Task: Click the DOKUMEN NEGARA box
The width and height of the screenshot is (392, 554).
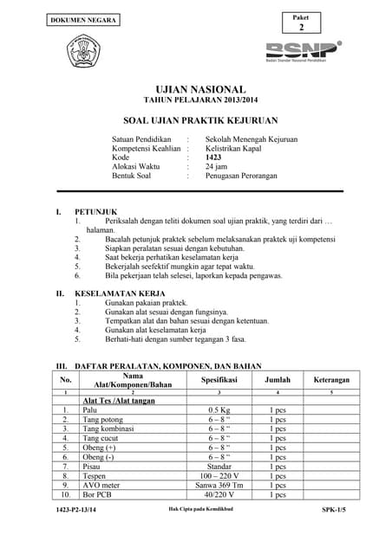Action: pyautogui.click(x=82, y=19)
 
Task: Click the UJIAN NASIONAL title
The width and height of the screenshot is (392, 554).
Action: pyautogui.click(x=200, y=89)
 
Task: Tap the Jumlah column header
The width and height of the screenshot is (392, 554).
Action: pyautogui.click(x=277, y=379)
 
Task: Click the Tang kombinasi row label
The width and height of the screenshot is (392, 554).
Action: pyautogui.click(x=110, y=428)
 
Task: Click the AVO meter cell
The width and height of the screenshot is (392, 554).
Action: pyautogui.click(x=101, y=486)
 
